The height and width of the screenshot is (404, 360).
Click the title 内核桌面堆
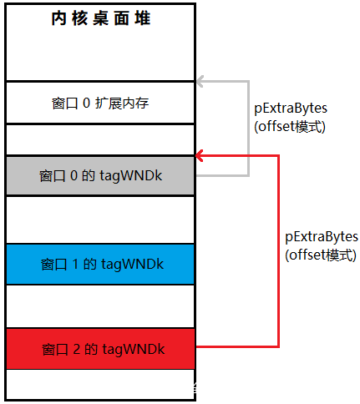click(x=101, y=18)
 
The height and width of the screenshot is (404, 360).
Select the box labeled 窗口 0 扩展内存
click(x=100, y=103)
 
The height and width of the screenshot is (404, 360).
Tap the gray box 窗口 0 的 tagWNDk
click(x=100, y=176)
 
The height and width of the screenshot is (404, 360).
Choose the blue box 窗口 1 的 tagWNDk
click(x=100, y=264)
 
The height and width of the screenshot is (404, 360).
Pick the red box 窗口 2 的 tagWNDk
click(x=100, y=349)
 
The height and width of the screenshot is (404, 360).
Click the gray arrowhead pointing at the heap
click(x=200, y=82)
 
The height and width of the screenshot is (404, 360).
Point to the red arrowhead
click(x=200, y=156)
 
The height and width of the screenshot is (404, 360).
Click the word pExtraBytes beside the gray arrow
click(x=291, y=109)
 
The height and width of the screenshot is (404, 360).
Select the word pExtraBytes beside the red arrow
click(x=322, y=237)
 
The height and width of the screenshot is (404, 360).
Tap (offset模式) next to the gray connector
click(x=290, y=127)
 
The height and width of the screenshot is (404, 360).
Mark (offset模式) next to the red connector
click(x=321, y=255)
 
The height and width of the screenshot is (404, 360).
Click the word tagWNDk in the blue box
click(x=132, y=265)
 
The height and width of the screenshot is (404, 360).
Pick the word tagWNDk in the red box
click(x=134, y=349)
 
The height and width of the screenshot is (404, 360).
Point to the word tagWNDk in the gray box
click(x=131, y=176)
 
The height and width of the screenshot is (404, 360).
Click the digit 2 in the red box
click(x=77, y=349)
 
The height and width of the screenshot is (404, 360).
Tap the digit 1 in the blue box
click(x=75, y=264)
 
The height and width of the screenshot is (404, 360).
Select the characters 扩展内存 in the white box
click(x=122, y=103)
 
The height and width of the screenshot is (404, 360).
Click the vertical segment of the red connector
click(x=278, y=251)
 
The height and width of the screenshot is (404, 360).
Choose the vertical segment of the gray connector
click(x=248, y=129)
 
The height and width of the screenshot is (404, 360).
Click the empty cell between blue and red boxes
click(x=100, y=306)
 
